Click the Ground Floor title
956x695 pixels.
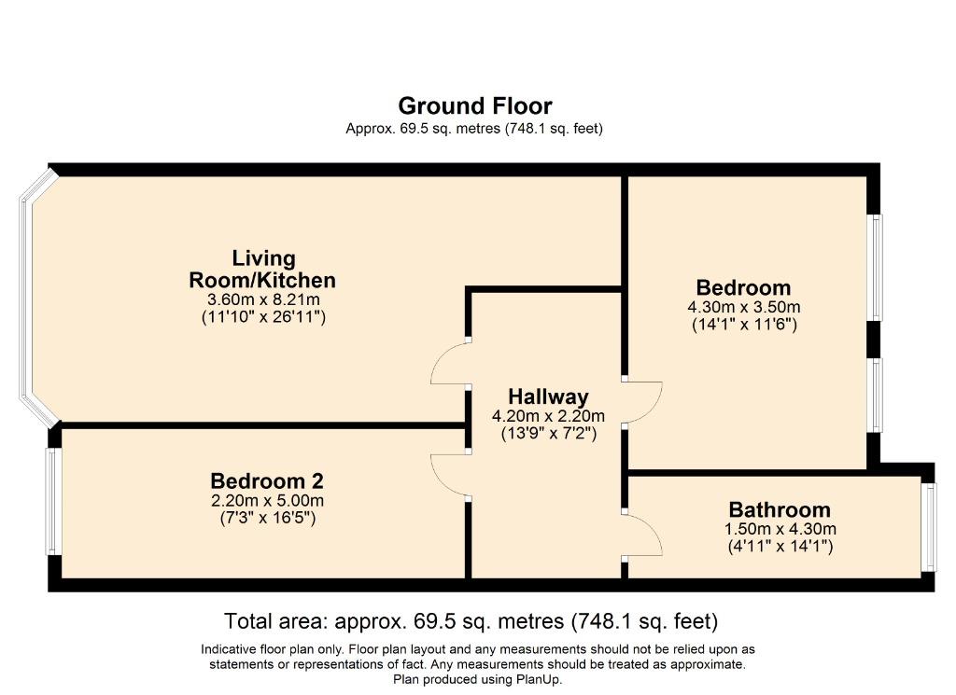(475, 106)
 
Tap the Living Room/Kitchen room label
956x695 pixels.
(262, 270)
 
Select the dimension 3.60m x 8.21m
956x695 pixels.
(263, 299)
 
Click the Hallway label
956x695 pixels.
(548, 396)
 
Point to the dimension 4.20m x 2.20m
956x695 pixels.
(548, 416)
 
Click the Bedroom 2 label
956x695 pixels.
(267, 481)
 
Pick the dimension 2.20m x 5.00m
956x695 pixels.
(267, 501)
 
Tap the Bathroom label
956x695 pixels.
(780, 509)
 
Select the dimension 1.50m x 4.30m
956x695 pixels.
(780, 529)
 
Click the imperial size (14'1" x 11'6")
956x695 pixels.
(744, 324)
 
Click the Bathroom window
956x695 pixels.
(929, 527)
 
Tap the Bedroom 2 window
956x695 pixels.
(53, 501)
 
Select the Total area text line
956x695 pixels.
(471, 621)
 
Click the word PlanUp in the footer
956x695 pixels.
(539, 679)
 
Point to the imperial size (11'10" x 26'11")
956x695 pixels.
(263, 317)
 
